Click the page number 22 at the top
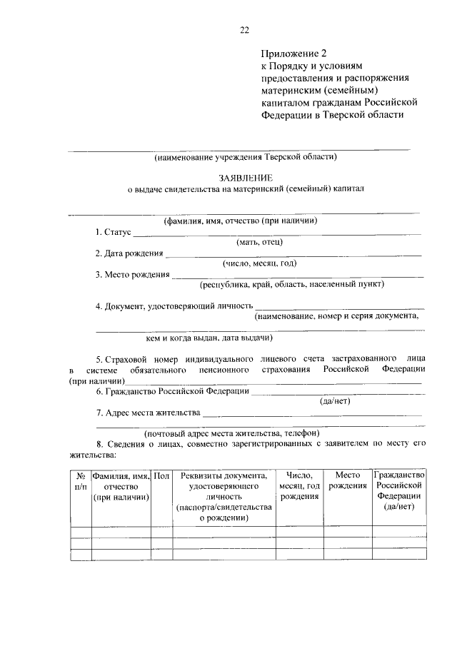point(244,29)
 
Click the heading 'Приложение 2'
point(293,53)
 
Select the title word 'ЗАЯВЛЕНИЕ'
point(245,178)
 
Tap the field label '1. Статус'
point(114,233)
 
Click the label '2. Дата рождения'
point(129,253)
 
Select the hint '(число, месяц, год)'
point(259,263)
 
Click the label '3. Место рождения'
point(133,274)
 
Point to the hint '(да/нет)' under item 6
point(334,401)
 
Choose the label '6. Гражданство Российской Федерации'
point(172,391)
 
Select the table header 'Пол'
point(161,475)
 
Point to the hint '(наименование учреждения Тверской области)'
point(245,157)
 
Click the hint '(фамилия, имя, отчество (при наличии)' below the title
point(239,221)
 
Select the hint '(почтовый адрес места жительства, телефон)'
point(231,433)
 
